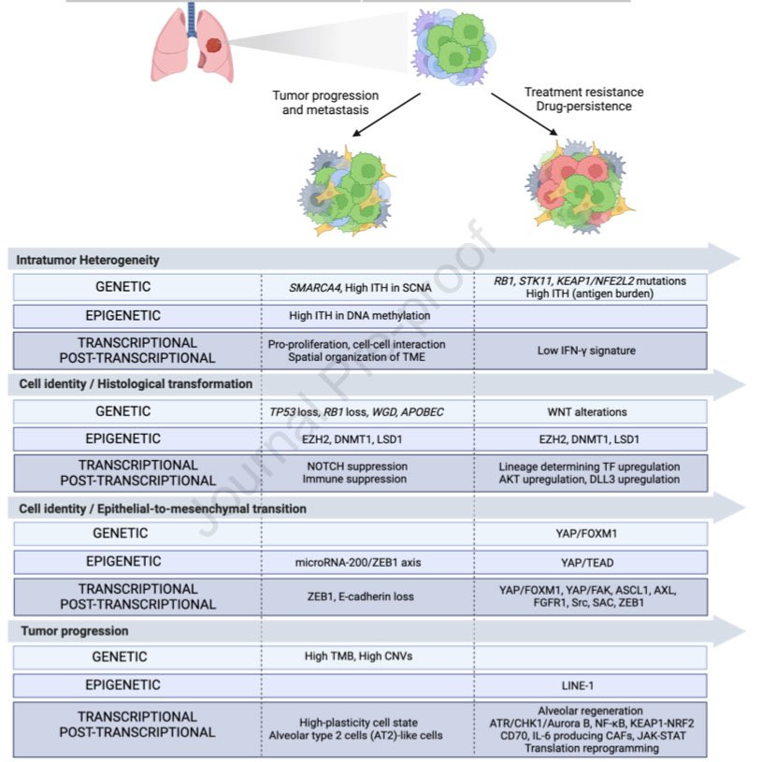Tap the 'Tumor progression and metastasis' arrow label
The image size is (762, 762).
pyautogui.click(x=325, y=103)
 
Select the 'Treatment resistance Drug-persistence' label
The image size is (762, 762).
pyautogui.click(x=583, y=99)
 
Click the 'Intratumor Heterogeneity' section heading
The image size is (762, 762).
pyautogui.click(x=89, y=260)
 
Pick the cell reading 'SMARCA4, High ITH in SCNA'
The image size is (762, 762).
pyautogui.click(x=359, y=288)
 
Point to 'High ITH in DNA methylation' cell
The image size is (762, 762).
pyautogui.click(x=359, y=316)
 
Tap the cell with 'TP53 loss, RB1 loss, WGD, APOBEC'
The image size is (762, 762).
pyautogui.click(x=359, y=411)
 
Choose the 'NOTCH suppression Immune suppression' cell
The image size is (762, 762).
pyautogui.click(x=359, y=473)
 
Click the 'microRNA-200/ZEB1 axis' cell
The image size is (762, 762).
pyautogui.click(x=359, y=562)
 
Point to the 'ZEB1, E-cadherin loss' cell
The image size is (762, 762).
pyautogui.click(x=359, y=597)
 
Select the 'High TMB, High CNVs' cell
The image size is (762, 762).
pyautogui.click(x=359, y=657)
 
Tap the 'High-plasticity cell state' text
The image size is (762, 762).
pyautogui.click(x=359, y=723)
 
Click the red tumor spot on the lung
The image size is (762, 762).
pyautogui.click(x=214, y=43)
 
